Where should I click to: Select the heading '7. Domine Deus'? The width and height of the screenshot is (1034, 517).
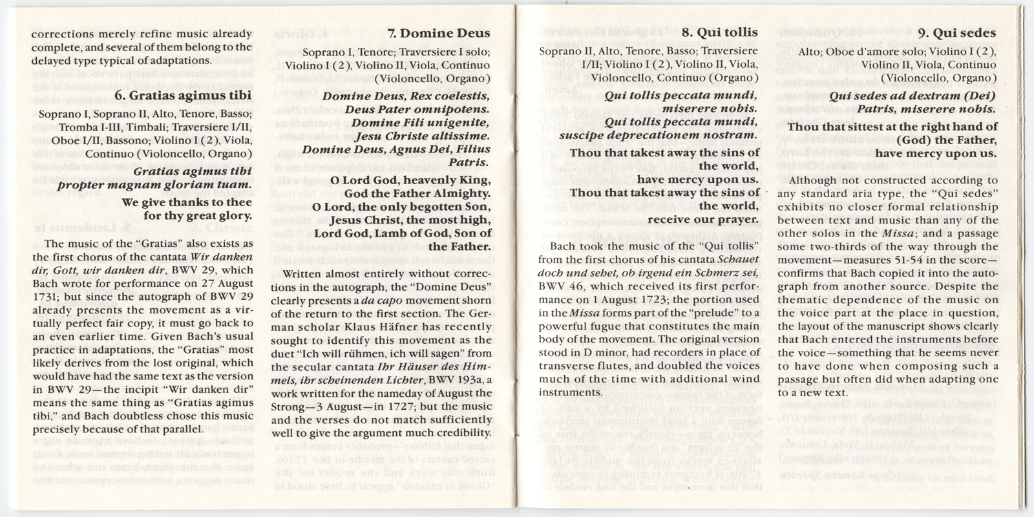[439, 33]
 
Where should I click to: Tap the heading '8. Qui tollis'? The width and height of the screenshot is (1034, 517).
[720, 33]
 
